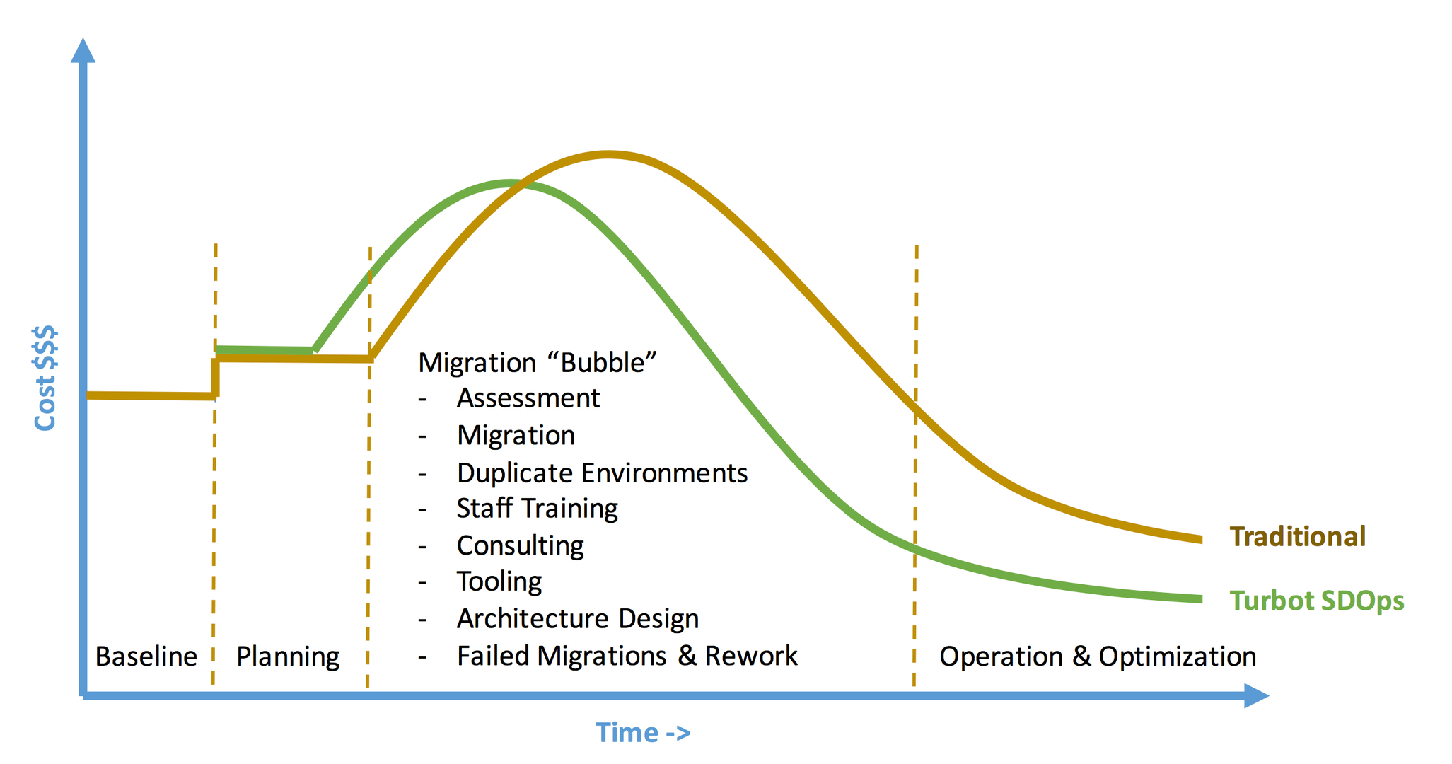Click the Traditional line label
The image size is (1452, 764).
[x=1297, y=536]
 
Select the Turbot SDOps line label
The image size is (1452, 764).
[x=1317, y=601]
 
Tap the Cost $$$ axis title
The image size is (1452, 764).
[x=45, y=378]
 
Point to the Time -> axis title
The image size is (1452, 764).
[x=643, y=732]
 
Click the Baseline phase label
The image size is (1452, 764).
[x=146, y=656]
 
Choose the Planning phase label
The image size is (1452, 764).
[x=288, y=657]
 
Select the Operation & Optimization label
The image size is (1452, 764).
[x=1098, y=657]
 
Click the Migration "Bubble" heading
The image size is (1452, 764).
[x=538, y=362]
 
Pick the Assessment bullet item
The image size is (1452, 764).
[x=528, y=398]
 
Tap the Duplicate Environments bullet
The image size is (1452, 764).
[x=602, y=473]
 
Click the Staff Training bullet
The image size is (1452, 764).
[x=538, y=509]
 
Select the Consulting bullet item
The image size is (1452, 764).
[x=521, y=546]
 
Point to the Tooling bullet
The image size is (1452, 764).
[x=499, y=581]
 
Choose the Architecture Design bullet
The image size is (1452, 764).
[x=578, y=619]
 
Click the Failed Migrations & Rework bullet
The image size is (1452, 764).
[x=627, y=656]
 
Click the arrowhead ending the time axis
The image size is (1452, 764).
[x=1256, y=696]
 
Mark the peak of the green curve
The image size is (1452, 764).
[x=509, y=183]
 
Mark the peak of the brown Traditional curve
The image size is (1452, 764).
[x=608, y=154]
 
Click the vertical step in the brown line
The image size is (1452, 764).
[x=215, y=377]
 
